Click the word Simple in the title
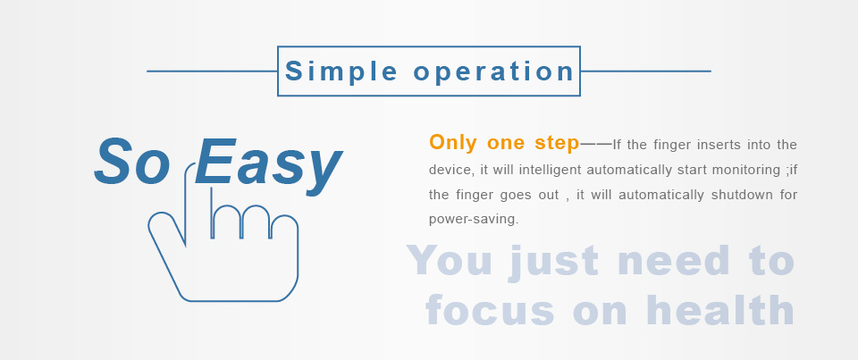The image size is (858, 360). [341, 72]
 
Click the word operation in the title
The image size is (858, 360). [493, 72]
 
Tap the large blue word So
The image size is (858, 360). [132, 162]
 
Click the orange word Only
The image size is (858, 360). [453, 142]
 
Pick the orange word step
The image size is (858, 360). [557, 143]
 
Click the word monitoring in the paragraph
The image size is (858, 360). [746, 170]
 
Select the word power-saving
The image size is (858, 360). [474, 220]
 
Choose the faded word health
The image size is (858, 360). [719, 310]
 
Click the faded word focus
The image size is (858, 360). [490, 310]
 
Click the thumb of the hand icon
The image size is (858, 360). [162, 224]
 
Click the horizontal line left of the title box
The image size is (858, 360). [213, 71]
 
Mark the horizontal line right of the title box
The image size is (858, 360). [645, 71]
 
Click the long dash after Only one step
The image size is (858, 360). [596, 144]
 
